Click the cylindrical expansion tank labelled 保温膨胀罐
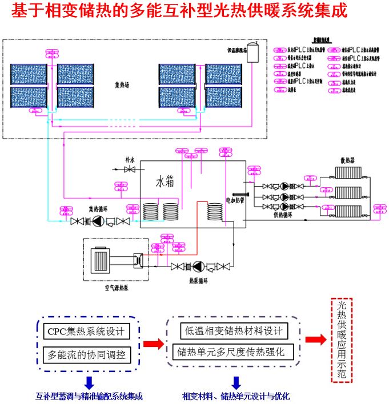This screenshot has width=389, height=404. (x=252, y=52)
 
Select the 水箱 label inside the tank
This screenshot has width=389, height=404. (x=165, y=182)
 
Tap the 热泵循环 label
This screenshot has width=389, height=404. (x=198, y=281)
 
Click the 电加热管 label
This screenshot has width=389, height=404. (x=234, y=200)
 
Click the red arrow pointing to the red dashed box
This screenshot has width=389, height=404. (x=315, y=340)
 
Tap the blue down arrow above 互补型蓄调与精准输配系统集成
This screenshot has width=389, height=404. (x=89, y=381)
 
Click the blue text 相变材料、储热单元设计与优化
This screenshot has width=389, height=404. (x=236, y=396)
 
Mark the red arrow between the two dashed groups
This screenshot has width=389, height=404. (x=152, y=343)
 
